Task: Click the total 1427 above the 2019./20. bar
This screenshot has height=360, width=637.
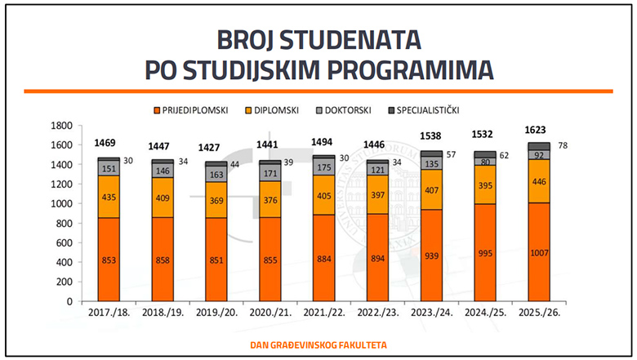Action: tap(216, 148)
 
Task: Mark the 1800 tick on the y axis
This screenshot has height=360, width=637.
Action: tap(62, 125)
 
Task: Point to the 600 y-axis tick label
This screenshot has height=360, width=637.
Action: tap(65, 242)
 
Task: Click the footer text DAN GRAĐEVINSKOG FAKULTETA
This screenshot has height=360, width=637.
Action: tap(318, 345)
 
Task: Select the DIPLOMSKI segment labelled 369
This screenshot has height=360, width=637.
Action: tap(216, 199)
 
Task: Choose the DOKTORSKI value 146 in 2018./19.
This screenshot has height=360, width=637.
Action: tap(162, 171)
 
